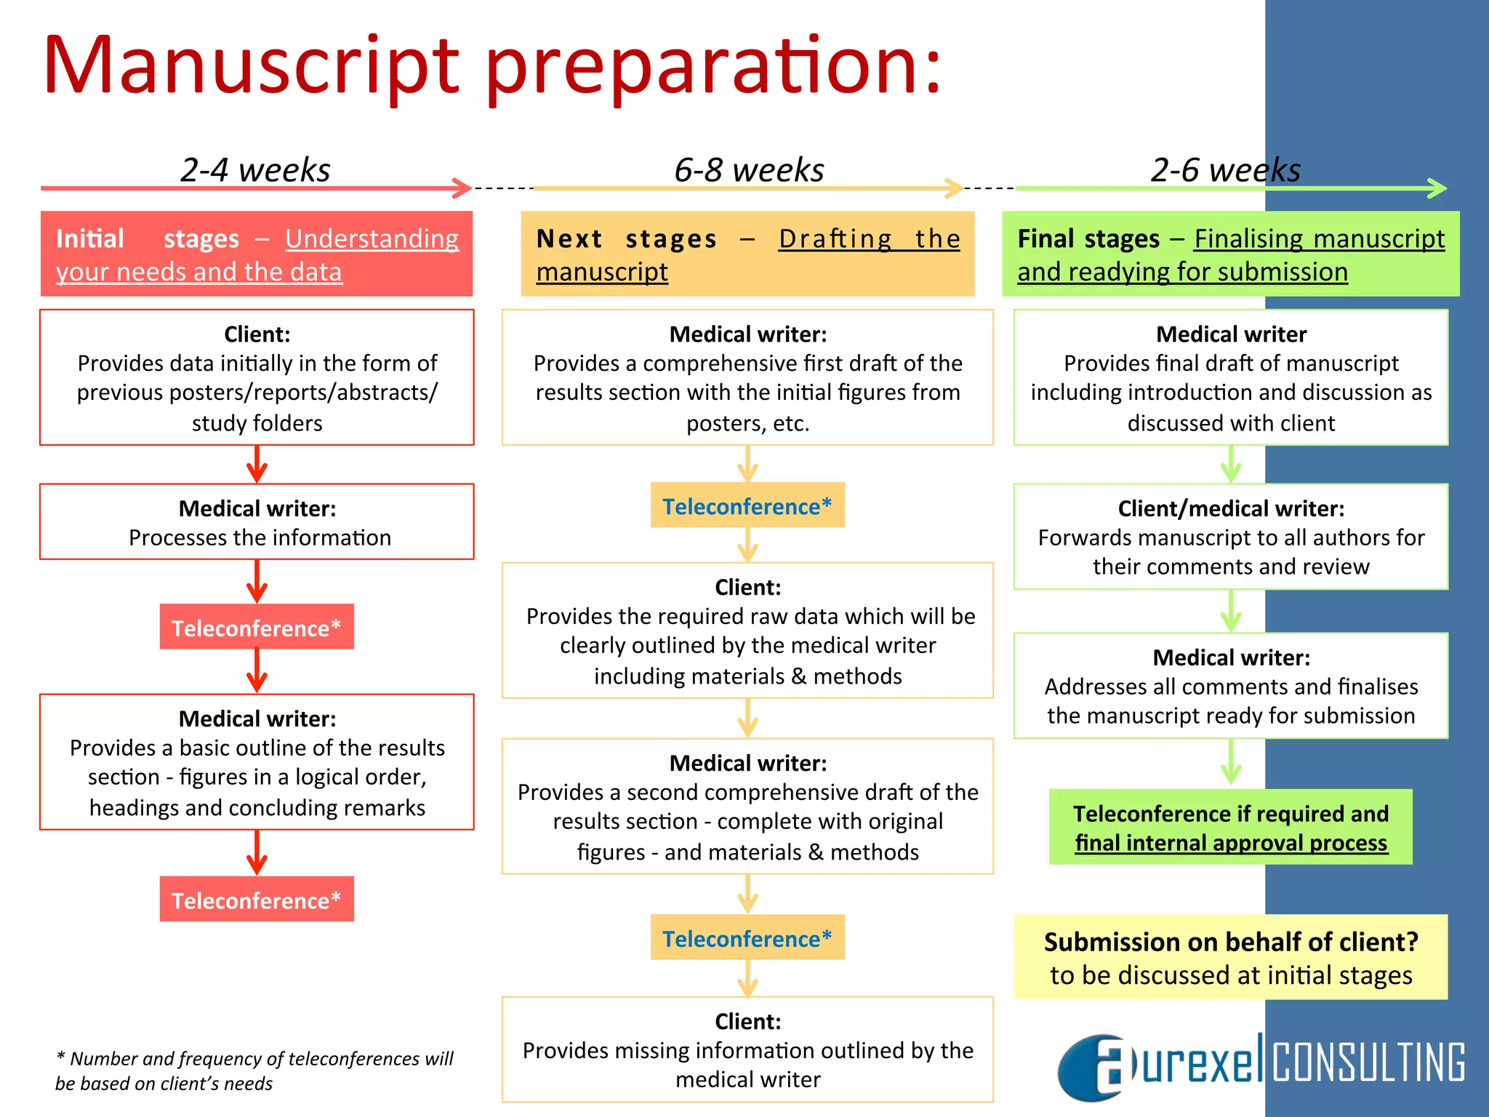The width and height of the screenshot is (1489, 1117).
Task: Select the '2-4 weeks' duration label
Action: click(255, 170)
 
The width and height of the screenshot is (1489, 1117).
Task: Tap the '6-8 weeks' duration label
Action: click(749, 170)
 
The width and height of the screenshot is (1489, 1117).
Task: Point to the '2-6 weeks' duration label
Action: click(1225, 170)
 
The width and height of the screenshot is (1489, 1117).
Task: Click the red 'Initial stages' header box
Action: click(257, 254)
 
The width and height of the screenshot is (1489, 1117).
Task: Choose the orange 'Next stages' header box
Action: click(747, 254)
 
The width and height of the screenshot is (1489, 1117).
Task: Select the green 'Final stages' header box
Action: click(1230, 254)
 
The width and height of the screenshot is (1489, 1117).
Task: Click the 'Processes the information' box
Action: click(257, 522)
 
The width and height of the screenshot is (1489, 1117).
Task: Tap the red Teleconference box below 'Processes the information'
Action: click(257, 627)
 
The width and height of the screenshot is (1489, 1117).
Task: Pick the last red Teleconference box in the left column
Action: click(257, 900)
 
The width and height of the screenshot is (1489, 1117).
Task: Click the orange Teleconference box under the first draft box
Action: click(747, 505)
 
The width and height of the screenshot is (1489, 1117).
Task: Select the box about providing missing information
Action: click(747, 1049)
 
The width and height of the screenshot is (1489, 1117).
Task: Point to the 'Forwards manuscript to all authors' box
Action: click(1230, 537)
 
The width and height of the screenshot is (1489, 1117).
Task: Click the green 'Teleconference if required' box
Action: click(1230, 827)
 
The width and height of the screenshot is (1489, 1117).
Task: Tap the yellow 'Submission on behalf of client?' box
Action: click(1230, 957)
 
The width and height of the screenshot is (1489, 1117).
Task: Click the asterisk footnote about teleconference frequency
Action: click(254, 1070)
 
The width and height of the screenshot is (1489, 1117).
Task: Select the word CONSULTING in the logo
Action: click(1368, 1062)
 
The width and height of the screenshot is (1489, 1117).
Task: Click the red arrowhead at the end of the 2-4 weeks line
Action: click(462, 188)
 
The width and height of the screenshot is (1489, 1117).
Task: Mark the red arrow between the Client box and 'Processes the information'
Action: click(257, 465)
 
